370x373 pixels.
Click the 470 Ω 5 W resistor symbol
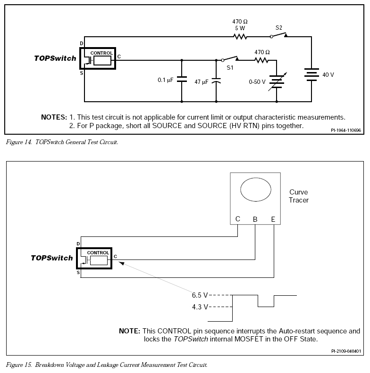(x=240, y=37)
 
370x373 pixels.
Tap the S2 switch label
(x=279, y=28)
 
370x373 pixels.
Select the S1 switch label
(x=230, y=68)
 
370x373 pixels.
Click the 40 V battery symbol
(x=311, y=74)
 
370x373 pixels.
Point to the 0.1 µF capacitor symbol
(x=182, y=79)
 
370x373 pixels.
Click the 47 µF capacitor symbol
(x=216, y=81)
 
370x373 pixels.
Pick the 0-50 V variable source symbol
(x=277, y=81)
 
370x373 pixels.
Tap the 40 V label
(x=328, y=75)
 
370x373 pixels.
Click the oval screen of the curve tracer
(x=256, y=190)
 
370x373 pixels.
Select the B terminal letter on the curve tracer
(x=255, y=219)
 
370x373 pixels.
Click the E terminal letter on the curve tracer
(x=273, y=219)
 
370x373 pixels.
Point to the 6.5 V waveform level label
(x=200, y=295)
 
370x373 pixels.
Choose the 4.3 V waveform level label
(x=200, y=307)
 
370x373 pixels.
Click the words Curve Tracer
(x=299, y=196)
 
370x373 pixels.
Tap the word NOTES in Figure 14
(x=54, y=117)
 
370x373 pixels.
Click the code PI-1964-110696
(x=346, y=130)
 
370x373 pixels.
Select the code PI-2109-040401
(x=346, y=351)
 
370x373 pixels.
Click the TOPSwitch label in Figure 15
(x=52, y=258)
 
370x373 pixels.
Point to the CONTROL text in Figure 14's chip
(x=101, y=53)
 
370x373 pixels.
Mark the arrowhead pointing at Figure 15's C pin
(x=121, y=263)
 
